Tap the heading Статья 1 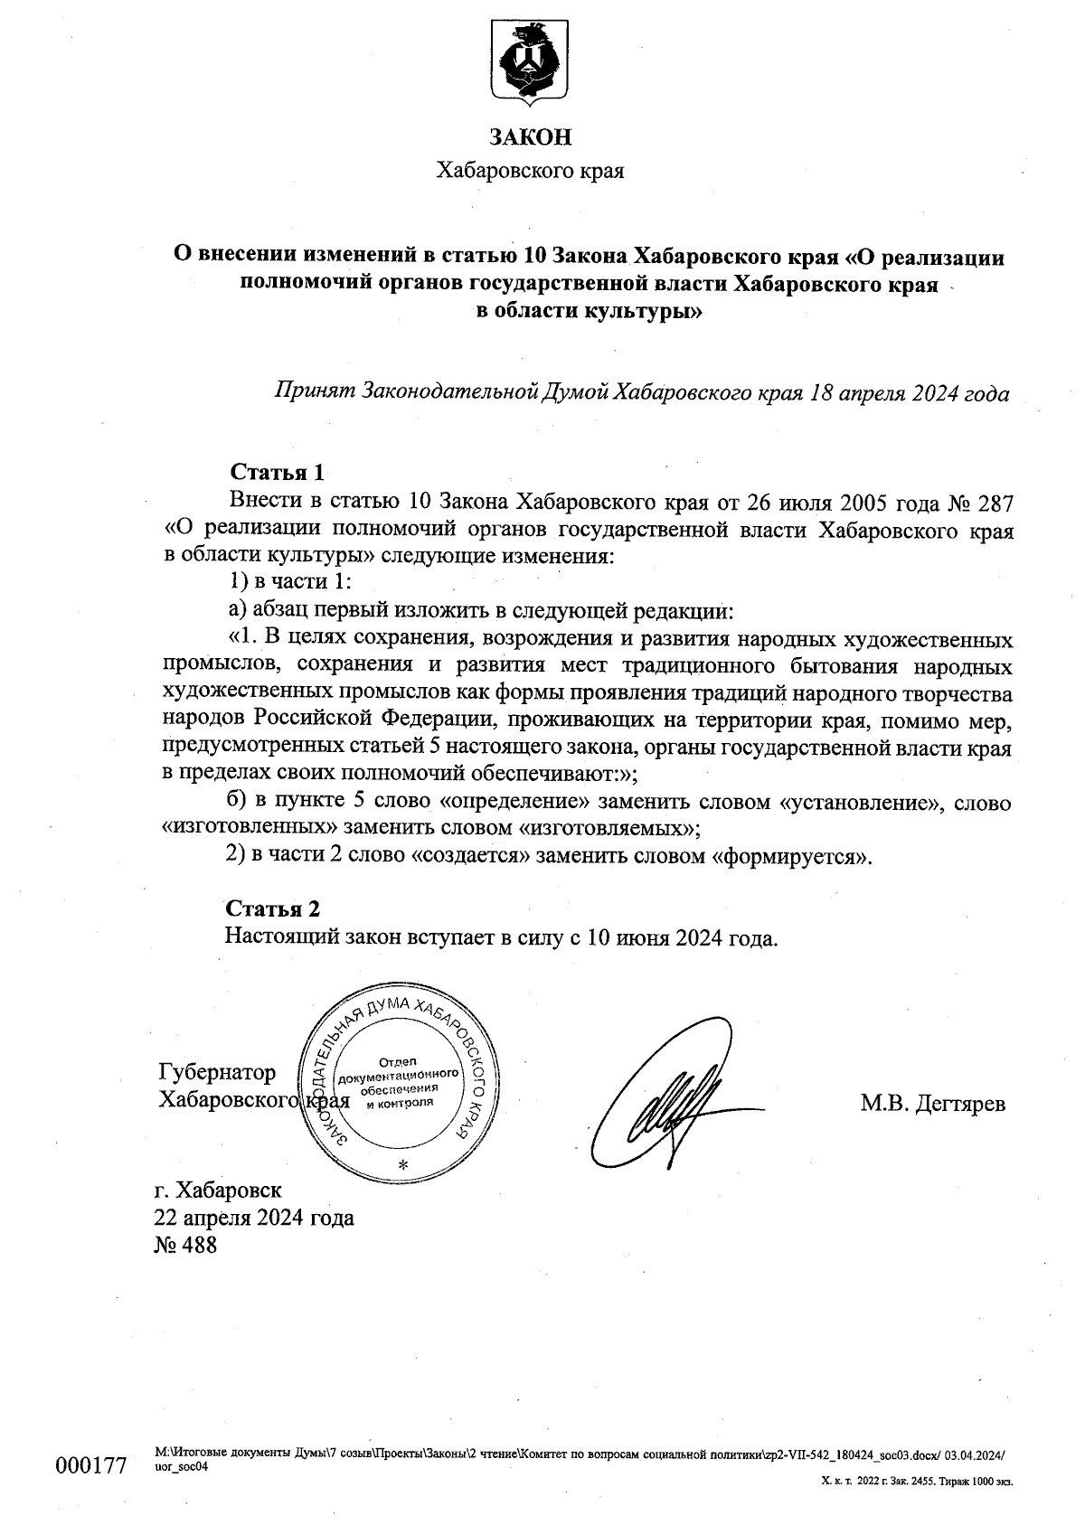277,472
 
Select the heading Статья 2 272,908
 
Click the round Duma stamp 398,1077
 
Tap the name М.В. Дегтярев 932,1103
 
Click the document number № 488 186,1245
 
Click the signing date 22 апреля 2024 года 254,1217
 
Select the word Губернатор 217,1072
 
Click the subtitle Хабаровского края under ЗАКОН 530,170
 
